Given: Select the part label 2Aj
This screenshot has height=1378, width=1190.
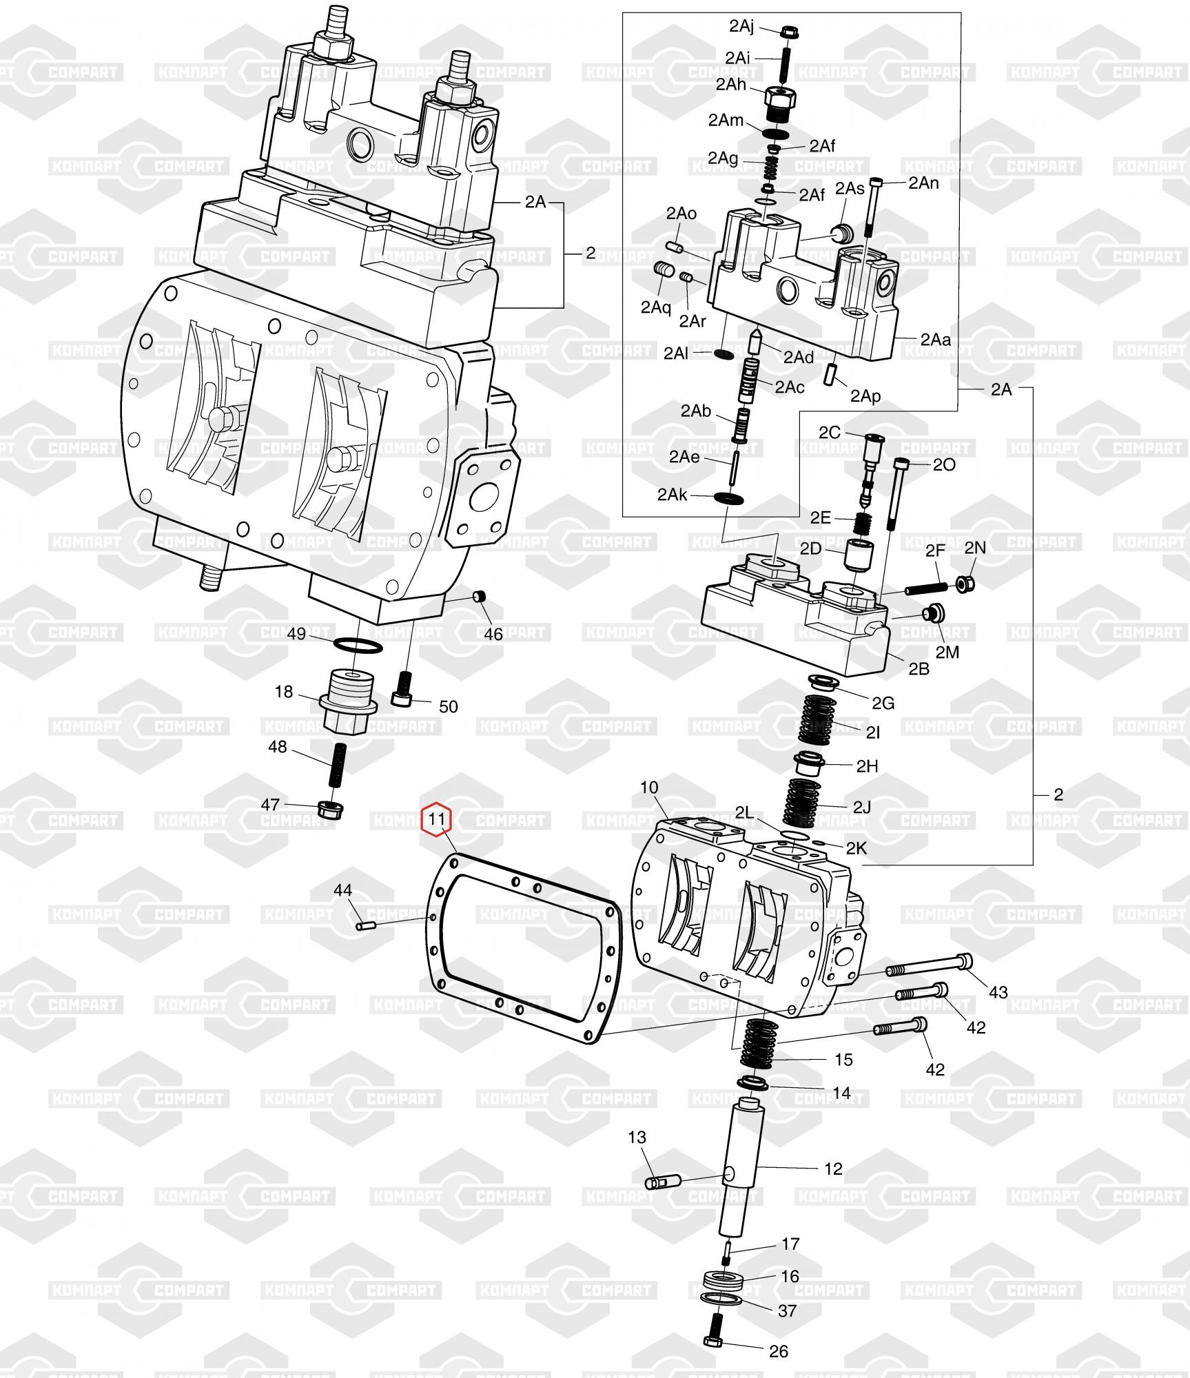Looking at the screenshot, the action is click(x=741, y=26).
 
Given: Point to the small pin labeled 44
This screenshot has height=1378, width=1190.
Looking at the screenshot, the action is click(x=365, y=926).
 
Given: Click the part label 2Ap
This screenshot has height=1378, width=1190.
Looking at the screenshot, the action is click(x=865, y=396).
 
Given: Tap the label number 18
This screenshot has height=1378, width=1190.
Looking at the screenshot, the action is click(x=284, y=692).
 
